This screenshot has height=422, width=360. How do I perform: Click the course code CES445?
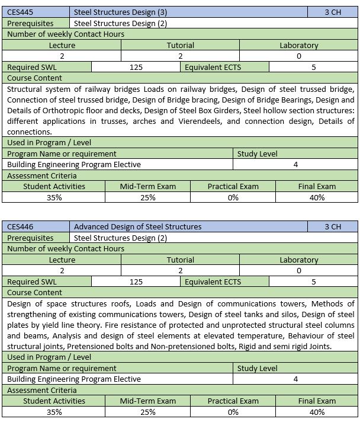pyautogui.click(x=21, y=12)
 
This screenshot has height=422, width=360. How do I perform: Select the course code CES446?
pyautogui.click(x=21, y=226)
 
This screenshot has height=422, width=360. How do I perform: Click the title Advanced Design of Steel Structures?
pyautogui.click(x=137, y=226)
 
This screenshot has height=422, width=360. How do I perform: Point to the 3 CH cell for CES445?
pyautogui.click(x=333, y=12)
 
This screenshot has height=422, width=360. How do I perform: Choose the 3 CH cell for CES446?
pyautogui.click(x=333, y=226)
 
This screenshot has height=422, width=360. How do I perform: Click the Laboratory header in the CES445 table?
pyautogui.click(x=298, y=45)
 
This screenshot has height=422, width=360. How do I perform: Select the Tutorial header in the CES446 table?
pyautogui.click(x=181, y=260)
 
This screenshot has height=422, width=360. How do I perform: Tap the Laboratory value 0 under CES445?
pyautogui.click(x=298, y=56)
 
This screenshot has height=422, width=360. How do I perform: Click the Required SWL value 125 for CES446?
pyautogui.click(x=136, y=282)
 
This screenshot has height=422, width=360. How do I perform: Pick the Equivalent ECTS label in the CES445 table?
pyautogui.click(x=213, y=67)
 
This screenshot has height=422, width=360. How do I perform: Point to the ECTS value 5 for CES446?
pyautogui.click(x=313, y=282)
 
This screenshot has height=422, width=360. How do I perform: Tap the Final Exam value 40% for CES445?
pyautogui.click(x=317, y=197)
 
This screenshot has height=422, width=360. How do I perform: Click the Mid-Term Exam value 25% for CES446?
pyautogui.click(x=148, y=412)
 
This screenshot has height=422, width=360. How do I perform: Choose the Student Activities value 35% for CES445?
pyautogui.click(x=54, y=197)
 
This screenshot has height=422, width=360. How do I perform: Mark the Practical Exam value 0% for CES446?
pyautogui.click(x=233, y=412)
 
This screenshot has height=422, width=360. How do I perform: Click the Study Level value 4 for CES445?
pyautogui.click(x=295, y=164)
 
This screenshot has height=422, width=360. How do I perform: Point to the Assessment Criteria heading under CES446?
pyautogui.click(x=42, y=390)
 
